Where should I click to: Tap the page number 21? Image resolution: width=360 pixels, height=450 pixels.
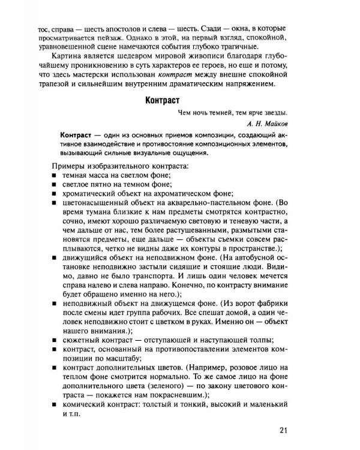point(284,430)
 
